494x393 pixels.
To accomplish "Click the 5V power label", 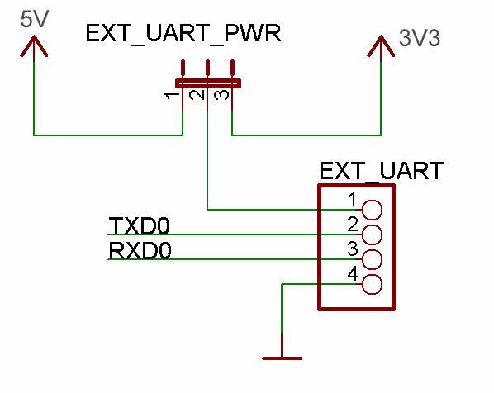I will pos(33,18).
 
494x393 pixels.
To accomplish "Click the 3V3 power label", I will pos(418,39).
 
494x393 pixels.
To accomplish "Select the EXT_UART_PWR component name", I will pos(183,36).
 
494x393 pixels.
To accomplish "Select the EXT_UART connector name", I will pos(381,171).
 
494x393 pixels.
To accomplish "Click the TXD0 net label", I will pos(140,226).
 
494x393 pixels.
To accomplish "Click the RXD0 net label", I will pos(140,251).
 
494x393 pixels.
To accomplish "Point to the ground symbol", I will pos(282,357).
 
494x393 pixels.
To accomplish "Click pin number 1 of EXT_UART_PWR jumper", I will pos(170,97).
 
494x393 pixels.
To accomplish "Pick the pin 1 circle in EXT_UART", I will pos(372,210).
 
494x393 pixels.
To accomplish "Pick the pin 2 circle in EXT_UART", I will pos(372,234).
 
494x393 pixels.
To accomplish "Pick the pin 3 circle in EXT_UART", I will pos(372,259).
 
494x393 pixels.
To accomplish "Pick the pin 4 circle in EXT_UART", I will pos(372,285).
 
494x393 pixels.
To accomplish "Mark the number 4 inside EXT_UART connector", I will pos(353,274).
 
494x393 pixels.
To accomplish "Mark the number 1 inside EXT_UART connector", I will pos(353,199).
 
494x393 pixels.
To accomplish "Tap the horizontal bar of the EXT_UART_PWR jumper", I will pos(207,82).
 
